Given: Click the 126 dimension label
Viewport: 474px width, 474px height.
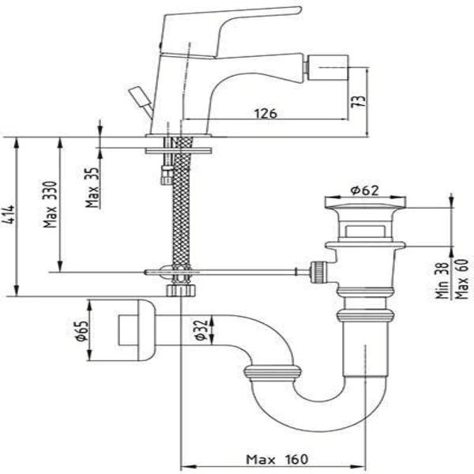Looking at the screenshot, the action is tap(265, 114).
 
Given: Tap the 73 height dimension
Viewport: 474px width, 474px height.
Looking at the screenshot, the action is tap(358, 101).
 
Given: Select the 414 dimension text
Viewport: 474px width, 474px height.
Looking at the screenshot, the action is tap(9, 214).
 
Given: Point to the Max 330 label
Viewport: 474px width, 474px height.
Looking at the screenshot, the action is tap(50, 205).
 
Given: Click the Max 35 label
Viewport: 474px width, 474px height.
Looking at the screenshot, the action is tap(92, 187).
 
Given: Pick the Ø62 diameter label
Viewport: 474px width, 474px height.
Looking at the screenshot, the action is tap(364, 190).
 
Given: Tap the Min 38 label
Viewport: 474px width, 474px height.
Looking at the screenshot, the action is tap(442, 280).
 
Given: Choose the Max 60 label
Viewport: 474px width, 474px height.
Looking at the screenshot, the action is tap(461, 279).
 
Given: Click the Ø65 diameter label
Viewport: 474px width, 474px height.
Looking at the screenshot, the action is tap(81, 331).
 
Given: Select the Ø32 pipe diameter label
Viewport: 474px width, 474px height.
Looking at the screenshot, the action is tap(201, 329).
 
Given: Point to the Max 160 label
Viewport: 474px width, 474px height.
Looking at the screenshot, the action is tap(277, 460).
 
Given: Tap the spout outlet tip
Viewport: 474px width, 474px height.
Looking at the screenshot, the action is tap(328, 67).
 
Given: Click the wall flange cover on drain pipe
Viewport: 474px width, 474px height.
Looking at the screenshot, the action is tap(137, 330).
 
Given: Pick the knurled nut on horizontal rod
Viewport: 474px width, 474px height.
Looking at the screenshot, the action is tap(318, 272).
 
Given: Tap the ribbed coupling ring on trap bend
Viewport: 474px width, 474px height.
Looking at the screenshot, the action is tap(273, 371).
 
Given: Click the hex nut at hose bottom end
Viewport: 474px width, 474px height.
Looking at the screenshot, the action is tap(181, 291).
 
